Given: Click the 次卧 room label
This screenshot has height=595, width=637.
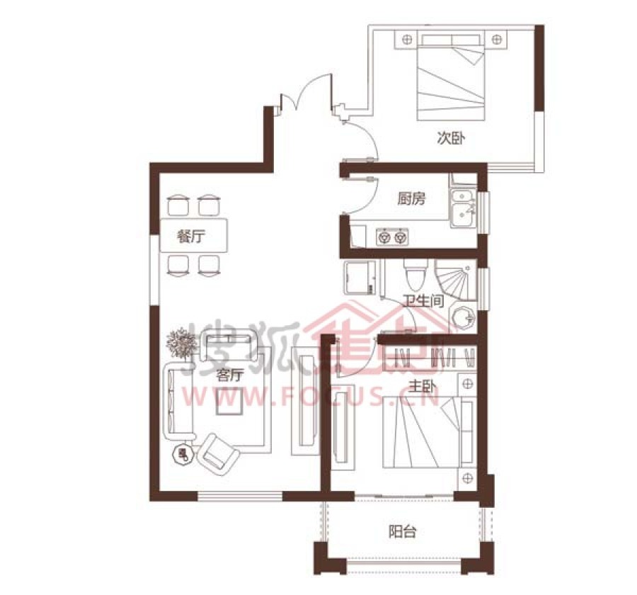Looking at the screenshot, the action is point(451,138).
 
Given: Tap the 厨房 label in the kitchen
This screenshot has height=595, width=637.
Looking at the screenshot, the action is point(411,199).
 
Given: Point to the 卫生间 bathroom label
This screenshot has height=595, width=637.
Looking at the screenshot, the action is point(423,301).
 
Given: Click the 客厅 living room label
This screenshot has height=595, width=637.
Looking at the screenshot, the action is point(230,375).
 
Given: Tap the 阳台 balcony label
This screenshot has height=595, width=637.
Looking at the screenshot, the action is point(403,531).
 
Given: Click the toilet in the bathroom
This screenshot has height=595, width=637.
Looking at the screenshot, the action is point(415,273).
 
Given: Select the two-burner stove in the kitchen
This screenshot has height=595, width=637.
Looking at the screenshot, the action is point(392,237).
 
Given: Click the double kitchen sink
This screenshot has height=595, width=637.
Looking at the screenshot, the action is point(462,208).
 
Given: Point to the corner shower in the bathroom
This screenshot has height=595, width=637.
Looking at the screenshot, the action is point(456,280).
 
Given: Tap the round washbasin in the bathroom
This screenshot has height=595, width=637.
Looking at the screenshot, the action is point(463,316).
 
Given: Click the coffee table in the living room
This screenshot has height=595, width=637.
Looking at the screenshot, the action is point(229,401).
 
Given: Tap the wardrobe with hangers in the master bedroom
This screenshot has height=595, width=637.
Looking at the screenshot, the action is point(429,358).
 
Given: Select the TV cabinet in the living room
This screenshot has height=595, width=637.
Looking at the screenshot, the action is point(306,401).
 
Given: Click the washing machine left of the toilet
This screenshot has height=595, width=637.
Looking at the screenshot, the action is point(360,277).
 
